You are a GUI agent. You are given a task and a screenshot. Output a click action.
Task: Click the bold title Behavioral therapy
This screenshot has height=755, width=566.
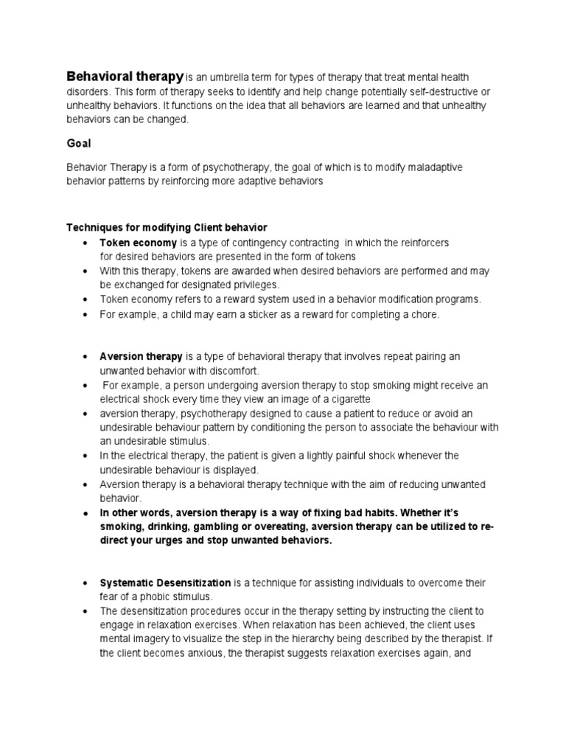click(x=125, y=76)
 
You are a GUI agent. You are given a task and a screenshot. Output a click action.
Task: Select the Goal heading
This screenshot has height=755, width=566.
click(x=80, y=144)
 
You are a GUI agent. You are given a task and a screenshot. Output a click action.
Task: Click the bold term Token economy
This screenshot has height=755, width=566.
click(x=139, y=243)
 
